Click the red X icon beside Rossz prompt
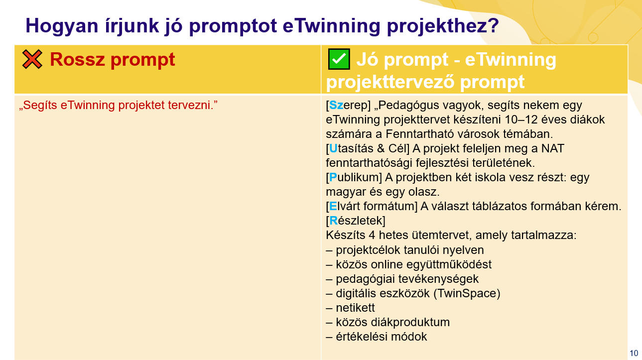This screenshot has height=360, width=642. tap(32, 59)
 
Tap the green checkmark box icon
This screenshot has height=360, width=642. tap(339, 59)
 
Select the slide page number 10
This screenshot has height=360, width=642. tap(634, 353)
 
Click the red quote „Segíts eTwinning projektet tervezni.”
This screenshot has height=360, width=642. tap(119, 105)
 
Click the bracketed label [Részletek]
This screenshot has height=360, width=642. tap(356, 221)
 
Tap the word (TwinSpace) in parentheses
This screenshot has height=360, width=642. tap(467, 293)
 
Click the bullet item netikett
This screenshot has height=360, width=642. tap(355, 308)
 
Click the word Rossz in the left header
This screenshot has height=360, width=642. tap(77, 59)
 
